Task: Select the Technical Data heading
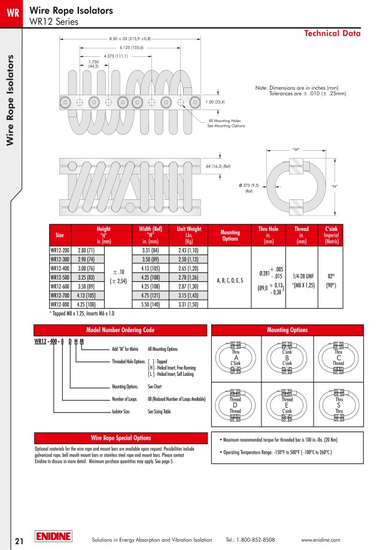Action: tap(332, 34)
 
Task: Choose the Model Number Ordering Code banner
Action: tap(120, 330)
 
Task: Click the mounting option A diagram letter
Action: tap(236, 358)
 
